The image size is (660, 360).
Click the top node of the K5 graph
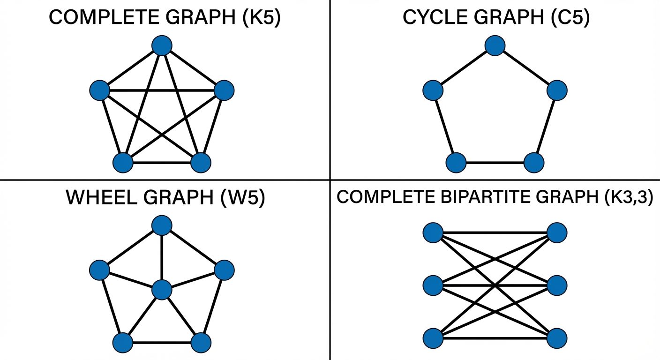click(x=162, y=45)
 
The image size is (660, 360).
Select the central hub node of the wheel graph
click(x=162, y=290)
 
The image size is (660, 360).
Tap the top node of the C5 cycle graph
click(x=495, y=45)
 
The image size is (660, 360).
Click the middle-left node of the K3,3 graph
click(x=433, y=285)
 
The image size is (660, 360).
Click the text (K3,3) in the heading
click(x=627, y=197)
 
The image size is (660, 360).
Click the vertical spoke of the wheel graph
click(x=162, y=258)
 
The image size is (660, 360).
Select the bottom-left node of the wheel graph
click(x=123, y=343)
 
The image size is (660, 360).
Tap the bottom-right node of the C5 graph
click(x=533, y=163)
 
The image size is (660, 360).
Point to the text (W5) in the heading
click(x=242, y=198)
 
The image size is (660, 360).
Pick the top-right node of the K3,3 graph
click(x=557, y=232)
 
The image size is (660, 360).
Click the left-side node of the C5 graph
click(x=433, y=90)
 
